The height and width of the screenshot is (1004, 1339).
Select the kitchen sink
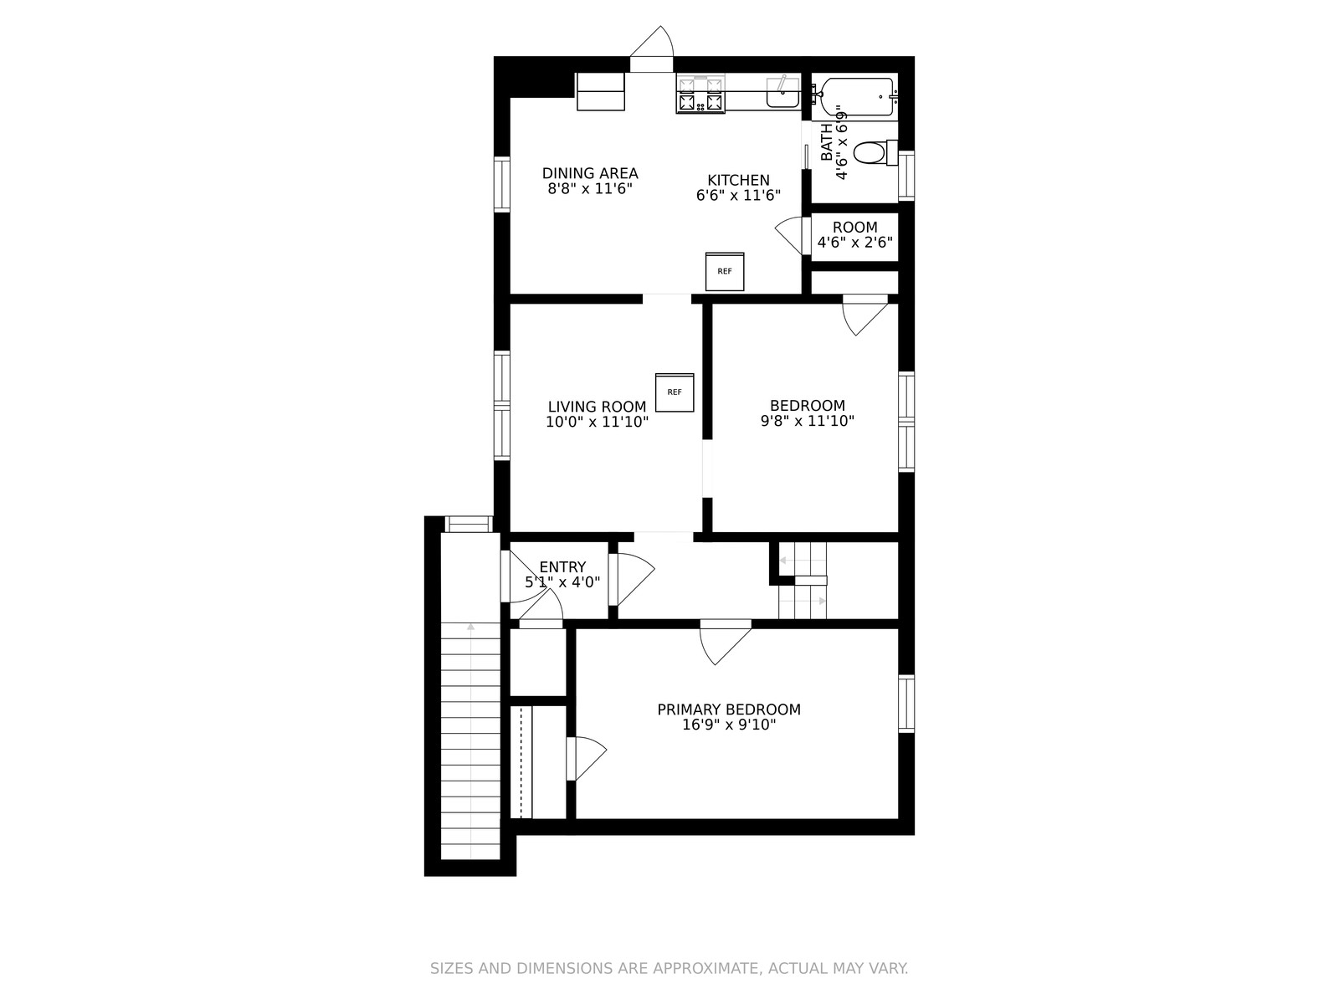[782, 93]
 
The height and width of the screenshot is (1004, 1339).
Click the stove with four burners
[700, 94]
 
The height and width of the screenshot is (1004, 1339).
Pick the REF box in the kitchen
[725, 271]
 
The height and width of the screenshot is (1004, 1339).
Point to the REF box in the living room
[675, 392]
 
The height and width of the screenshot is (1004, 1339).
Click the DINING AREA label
[590, 173]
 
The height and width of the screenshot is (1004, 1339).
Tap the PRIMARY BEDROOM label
[729, 709]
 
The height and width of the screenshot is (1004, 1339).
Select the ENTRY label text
[562, 567]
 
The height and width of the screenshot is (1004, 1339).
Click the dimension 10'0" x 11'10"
[597, 421]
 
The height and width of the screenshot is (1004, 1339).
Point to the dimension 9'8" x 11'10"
[807, 421]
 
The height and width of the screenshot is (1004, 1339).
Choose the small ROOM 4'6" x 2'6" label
[855, 235]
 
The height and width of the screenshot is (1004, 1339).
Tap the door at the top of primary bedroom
[726, 643]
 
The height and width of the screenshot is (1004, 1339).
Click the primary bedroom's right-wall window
[906, 704]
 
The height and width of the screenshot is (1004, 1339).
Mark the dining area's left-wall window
[501, 184]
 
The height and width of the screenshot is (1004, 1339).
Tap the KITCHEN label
[739, 181]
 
